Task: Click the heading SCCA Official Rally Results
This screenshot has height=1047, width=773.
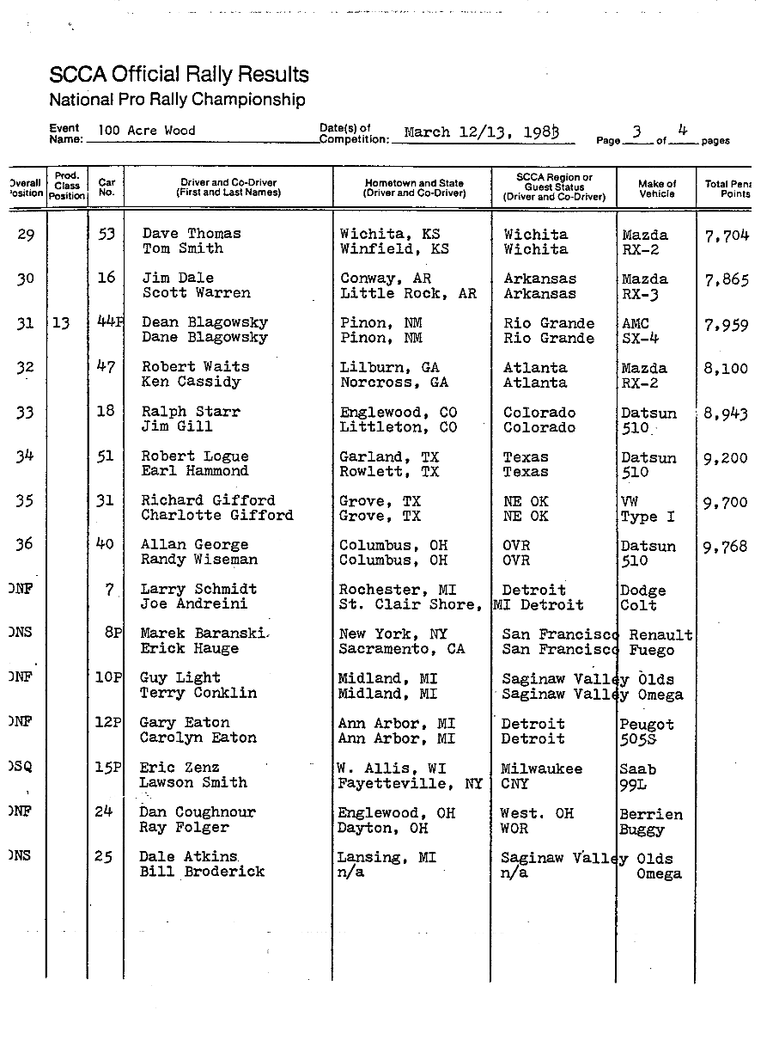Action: [179, 75]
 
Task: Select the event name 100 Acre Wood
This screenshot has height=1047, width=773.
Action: [146, 131]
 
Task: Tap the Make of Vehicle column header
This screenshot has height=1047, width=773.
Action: [657, 188]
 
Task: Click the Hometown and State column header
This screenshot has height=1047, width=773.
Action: [414, 188]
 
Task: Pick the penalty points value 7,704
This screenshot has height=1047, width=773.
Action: [726, 235]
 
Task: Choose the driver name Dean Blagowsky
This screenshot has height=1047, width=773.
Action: [204, 323]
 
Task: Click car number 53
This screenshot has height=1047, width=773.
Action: [106, 234]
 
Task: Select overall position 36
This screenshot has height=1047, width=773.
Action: [25, 545]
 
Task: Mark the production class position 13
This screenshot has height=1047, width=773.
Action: [61, 324]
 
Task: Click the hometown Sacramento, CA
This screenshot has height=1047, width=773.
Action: [401, 649]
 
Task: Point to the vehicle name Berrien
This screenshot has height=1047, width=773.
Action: [651, 814]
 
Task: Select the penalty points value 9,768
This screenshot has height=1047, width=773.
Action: [726, 547]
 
